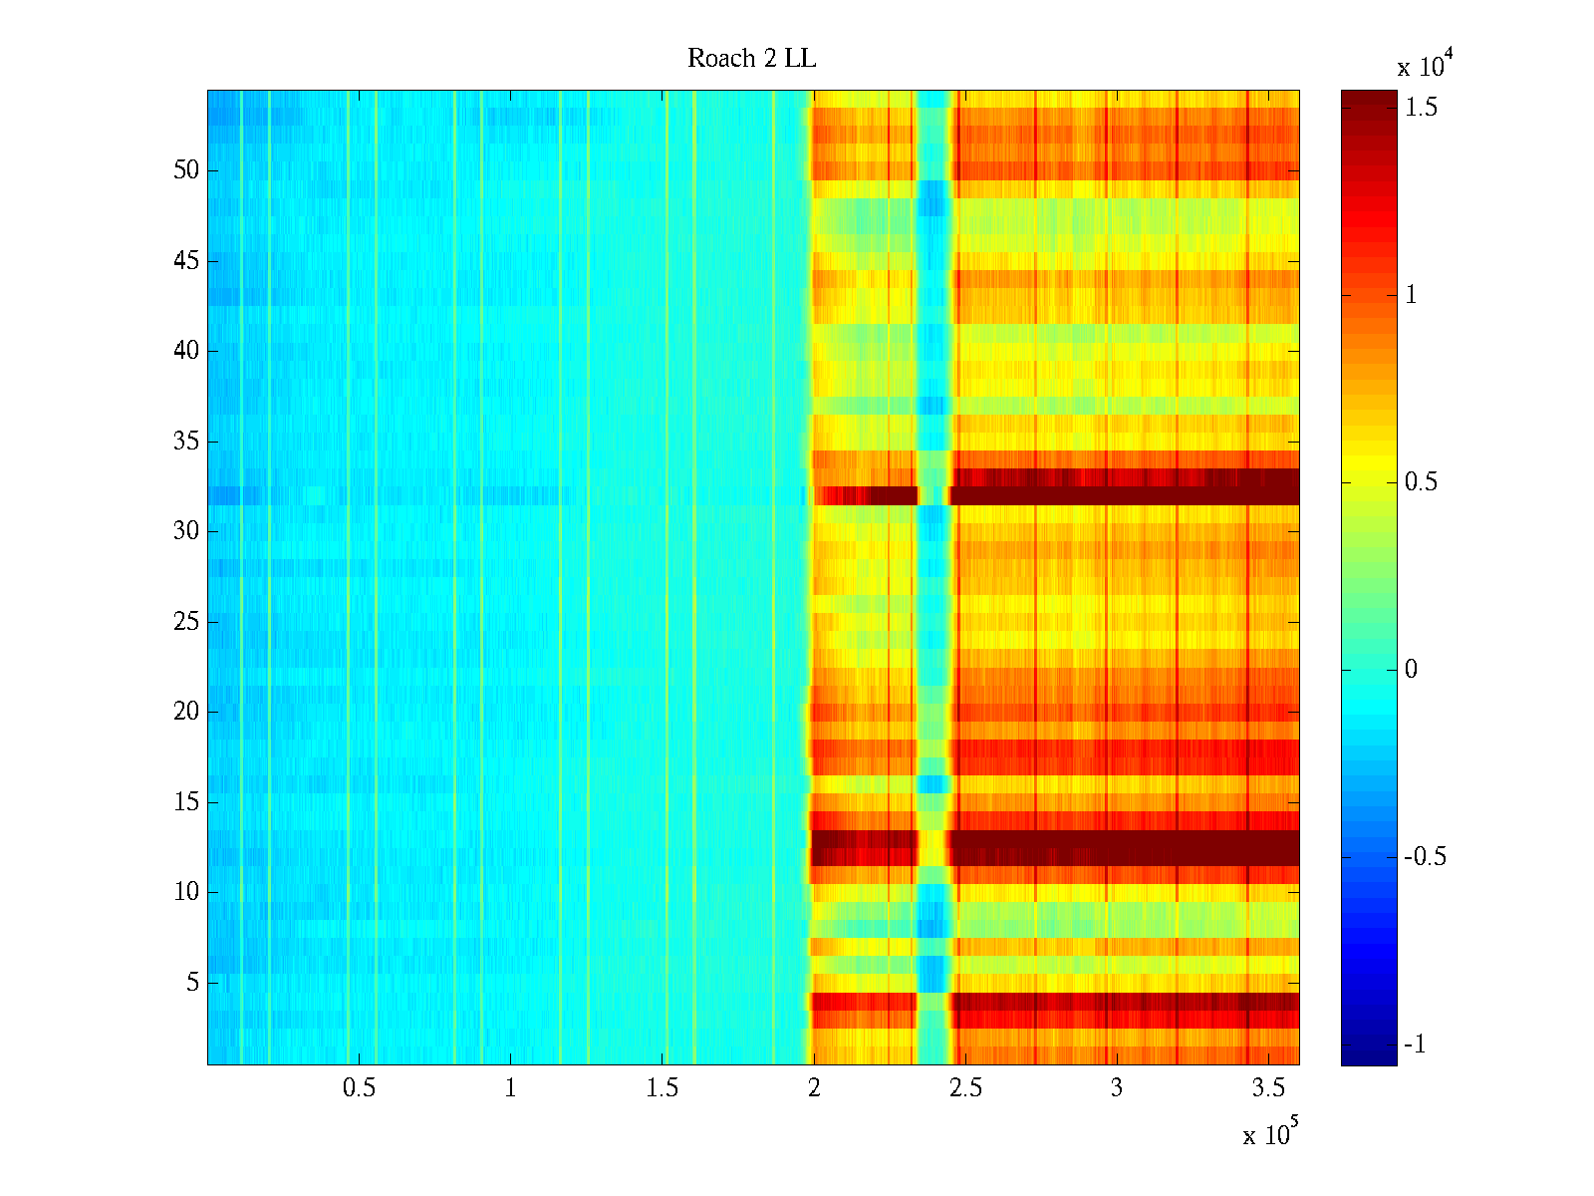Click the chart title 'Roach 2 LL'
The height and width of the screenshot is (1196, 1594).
751,59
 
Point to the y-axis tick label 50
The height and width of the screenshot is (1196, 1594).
186,170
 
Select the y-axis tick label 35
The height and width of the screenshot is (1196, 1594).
186,441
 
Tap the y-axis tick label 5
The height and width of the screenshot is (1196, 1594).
192,983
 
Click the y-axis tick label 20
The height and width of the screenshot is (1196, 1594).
186,712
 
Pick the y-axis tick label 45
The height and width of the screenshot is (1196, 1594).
186,261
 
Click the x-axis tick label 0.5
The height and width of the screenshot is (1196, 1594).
359,1088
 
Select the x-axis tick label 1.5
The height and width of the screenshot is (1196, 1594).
662,1088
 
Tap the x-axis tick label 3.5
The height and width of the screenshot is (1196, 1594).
1267,1088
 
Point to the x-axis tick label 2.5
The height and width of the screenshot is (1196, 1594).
964,1088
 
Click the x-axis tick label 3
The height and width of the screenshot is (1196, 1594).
1116,1088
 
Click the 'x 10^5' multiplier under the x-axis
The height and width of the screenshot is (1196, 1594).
1269,1133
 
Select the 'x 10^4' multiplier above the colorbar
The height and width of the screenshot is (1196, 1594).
1425,66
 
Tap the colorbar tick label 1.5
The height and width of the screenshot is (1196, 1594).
1421,108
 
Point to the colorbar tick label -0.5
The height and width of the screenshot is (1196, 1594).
1425,857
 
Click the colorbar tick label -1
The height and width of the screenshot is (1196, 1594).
1415,1045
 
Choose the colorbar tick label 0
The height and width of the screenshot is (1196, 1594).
1411,670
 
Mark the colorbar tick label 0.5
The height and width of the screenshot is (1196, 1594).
1421,482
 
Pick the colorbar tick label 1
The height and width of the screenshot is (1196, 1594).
1411,295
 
